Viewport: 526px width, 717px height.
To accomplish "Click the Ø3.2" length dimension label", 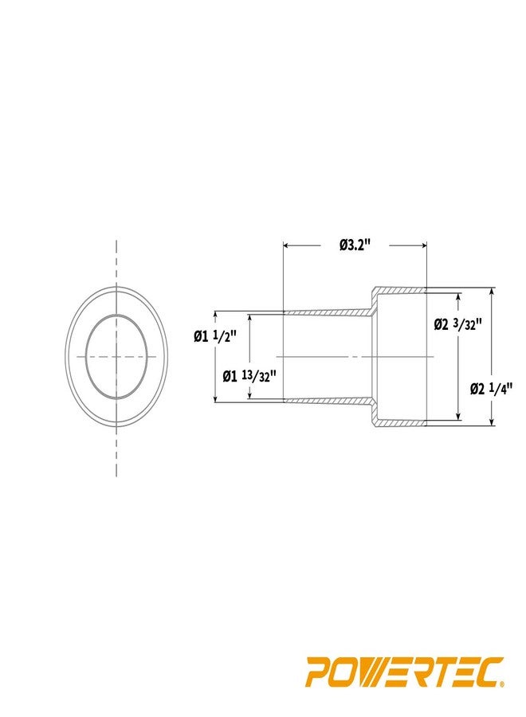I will pyautogui.click(x=355, y=245).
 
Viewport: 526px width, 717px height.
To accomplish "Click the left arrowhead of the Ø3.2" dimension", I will pyautogui.click(x=288, y=246).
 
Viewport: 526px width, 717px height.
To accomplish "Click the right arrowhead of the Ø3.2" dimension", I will pyautogui.click(x=422, y=246).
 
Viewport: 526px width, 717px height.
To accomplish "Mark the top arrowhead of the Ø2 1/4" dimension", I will pyautogui.click(x=493, y=292).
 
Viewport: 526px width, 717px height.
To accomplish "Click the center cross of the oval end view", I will pyautogui.click(x=116, y=356).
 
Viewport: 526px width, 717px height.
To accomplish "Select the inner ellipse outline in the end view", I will pyautogui.click(x=86, y=356).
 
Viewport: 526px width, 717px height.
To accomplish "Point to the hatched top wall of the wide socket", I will pyautogui.click(x=402, y=290).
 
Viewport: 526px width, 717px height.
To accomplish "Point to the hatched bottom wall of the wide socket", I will pyautogui.click(x=402, y=423).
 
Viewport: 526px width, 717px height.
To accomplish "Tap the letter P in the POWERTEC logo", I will pyautogui.click(x=318, y=672).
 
